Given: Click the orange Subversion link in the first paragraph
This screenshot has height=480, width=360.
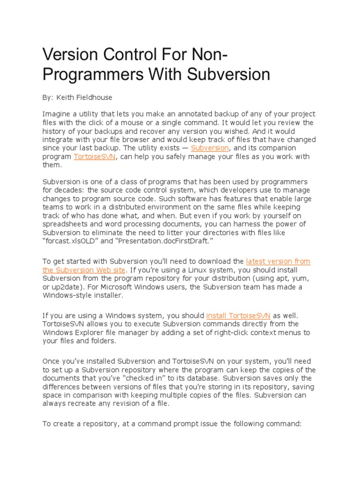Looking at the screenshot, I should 210,148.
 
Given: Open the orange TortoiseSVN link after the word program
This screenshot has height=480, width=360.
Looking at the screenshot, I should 94,157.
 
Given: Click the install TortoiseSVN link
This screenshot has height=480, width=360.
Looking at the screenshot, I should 238,315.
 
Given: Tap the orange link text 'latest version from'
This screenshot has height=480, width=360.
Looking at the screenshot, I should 278,262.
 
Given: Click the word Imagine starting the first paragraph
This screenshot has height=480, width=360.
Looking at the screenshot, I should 56,114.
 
